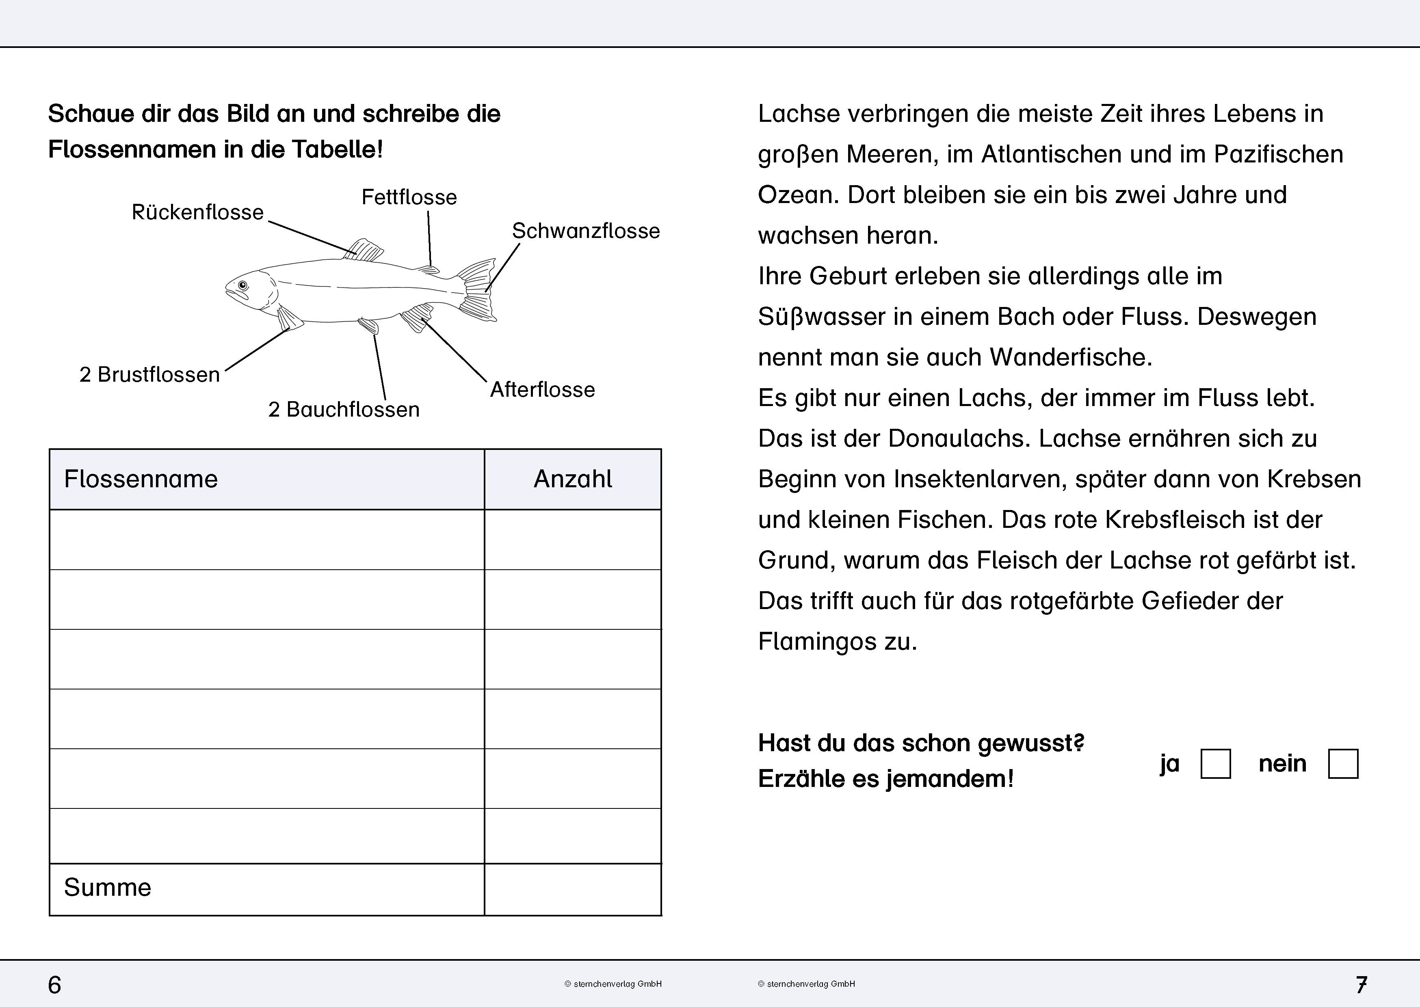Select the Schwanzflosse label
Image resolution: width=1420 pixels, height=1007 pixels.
click(x=585, y=231)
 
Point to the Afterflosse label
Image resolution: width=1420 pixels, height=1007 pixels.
click(x=542, y=389)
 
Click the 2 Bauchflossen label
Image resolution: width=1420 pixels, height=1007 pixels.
click(x=344, y=409)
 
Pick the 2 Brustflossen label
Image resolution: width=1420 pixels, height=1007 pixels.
click(x=149, y=374)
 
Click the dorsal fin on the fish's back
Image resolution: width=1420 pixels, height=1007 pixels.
click(x=365, y=250)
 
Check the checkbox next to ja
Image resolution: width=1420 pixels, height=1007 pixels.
click(x=1215, y=763)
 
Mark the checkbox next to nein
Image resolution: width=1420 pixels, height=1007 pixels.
click(x=1343, y=763)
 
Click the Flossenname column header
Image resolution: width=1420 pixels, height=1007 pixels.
click(x=141, y=479)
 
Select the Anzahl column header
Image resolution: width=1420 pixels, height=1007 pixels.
click(x=572, y=479)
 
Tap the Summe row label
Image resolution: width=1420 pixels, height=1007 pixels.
click(x=107, y=887)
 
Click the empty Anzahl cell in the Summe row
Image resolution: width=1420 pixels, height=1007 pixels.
click(x=572, y=889)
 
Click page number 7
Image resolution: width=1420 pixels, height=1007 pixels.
click(x=1361, y=985)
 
